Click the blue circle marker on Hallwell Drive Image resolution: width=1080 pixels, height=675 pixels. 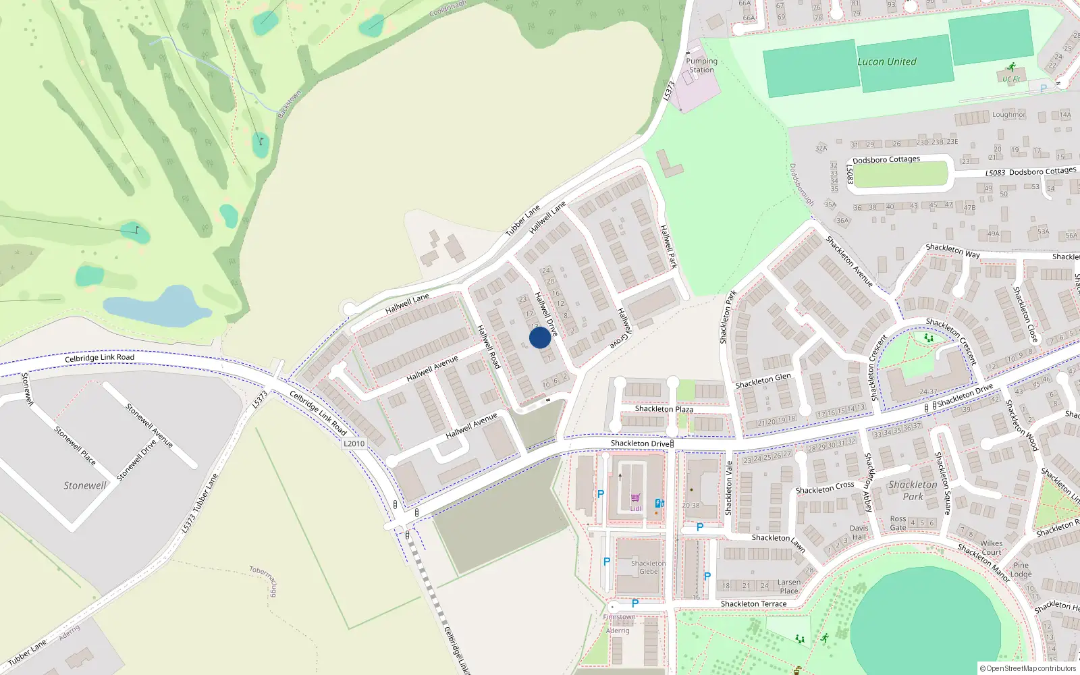(540, 337)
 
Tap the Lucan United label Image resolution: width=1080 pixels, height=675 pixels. (887, 61)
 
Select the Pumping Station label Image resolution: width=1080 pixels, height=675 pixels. (701, 65)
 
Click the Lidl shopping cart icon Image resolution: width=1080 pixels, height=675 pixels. (635, 498)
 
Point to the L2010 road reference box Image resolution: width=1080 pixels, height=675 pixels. (354, 443)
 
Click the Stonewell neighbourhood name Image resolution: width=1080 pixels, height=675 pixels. (85, 485)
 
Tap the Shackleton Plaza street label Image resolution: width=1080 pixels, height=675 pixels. (664, 409)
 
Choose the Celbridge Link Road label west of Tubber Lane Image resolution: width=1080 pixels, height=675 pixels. (99, 358)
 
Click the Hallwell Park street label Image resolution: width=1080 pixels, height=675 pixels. (668, 246)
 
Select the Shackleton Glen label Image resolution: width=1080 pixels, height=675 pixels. (763, 381)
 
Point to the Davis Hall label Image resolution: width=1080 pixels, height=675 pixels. (859, 533)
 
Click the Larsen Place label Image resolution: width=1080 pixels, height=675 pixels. (788, 587)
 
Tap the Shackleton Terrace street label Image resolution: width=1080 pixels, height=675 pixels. (753, 604)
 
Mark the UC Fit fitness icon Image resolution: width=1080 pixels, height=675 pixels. (1011, 67)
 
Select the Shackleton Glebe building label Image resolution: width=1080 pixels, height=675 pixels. (648, 567)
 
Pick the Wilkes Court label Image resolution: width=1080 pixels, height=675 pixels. (991, 547)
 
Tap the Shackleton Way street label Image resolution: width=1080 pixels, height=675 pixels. (952, 250)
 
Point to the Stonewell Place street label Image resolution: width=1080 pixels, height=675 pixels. (75, 445)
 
